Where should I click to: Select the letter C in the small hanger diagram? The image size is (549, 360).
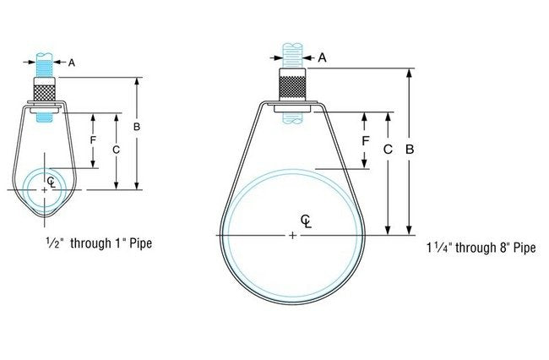[x=117, y=148]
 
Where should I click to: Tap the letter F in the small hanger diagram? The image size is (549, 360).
[x=93, y=139]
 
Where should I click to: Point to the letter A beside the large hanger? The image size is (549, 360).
[x=322, y=57]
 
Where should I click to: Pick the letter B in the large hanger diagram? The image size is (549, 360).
[x=409, y=150]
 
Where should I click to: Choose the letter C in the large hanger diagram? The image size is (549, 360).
[x=388, y=150]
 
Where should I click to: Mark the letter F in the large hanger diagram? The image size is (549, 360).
[x=366, y=140]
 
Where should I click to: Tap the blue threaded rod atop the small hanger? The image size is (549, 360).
[x=46, y=64]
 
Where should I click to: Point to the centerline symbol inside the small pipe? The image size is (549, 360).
[x=52, y=181]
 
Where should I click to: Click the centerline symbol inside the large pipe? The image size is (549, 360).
[x=307, y=221]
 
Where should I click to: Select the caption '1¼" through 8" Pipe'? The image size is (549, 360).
[x=481, y=248]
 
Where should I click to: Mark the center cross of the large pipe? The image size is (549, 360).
[x=293, y=235]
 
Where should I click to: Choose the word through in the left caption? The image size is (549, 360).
[x=89, y=243]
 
